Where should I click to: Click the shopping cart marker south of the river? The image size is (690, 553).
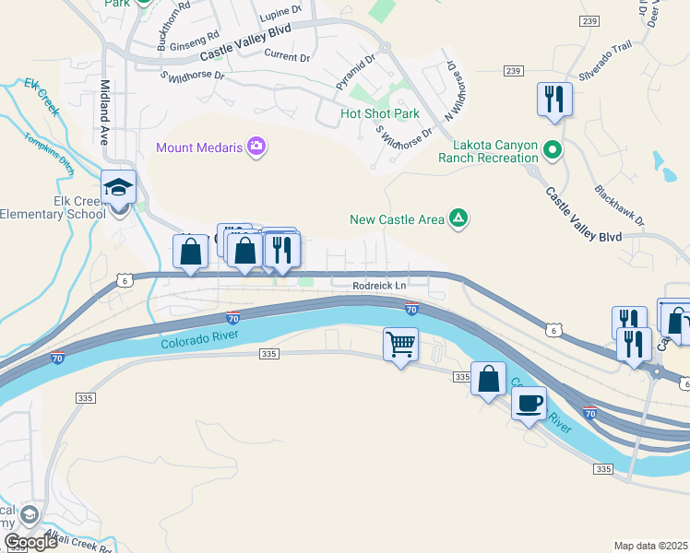[x=400, y=346]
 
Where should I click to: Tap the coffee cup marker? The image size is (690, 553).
[x=529, y=403]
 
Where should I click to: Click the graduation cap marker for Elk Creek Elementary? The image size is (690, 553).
[x=119, y=187]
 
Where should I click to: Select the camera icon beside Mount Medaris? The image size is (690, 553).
[x=256, y=147]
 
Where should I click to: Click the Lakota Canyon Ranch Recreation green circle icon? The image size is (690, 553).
[x=552, y=147]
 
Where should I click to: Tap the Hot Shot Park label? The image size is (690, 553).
[x=379, y=114]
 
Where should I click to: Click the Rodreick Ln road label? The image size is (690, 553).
[x=379, y=286]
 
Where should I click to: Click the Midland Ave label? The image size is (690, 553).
[x=104, y=115]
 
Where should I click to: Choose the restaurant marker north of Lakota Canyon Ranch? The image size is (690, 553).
[x=554, y=98]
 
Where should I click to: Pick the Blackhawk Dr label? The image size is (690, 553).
[x=619, y=208]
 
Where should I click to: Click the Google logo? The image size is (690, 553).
[x=30, y=541]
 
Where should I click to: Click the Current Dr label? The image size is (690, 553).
[x=287, y=56]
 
